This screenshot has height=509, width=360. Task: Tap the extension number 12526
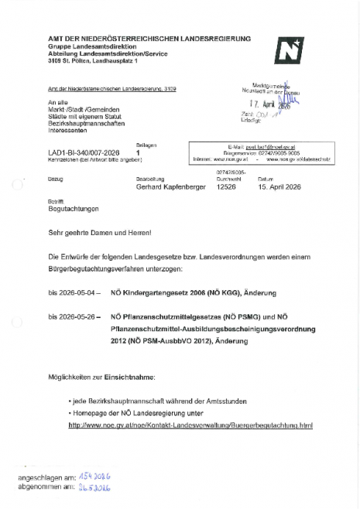(x=225, y=186)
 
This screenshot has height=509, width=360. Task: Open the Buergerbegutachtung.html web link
(x=190, y=425)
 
